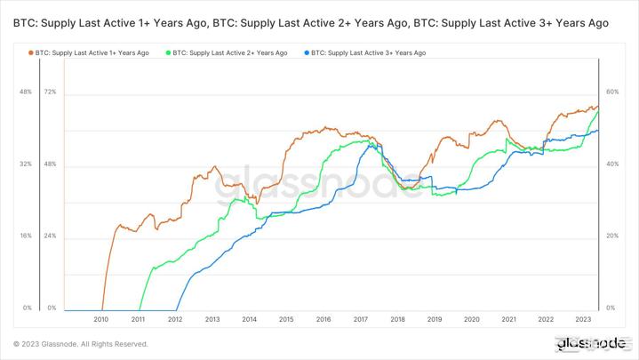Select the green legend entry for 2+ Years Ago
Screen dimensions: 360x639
227,53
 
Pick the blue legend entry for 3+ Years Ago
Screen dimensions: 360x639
365,53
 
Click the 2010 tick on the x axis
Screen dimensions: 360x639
100,319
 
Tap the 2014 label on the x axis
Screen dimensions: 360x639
250,319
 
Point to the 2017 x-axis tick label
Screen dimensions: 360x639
361,319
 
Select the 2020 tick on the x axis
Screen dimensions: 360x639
472,319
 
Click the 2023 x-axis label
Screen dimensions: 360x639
583,319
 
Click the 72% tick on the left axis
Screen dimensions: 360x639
50,92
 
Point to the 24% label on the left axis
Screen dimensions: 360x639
50,236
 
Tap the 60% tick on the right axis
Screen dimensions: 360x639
611,92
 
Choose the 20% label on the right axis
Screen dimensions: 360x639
611,236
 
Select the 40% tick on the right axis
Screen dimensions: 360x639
611,164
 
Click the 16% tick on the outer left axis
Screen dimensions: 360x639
25,236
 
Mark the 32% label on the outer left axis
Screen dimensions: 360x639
25,164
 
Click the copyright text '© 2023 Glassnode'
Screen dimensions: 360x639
80,344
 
